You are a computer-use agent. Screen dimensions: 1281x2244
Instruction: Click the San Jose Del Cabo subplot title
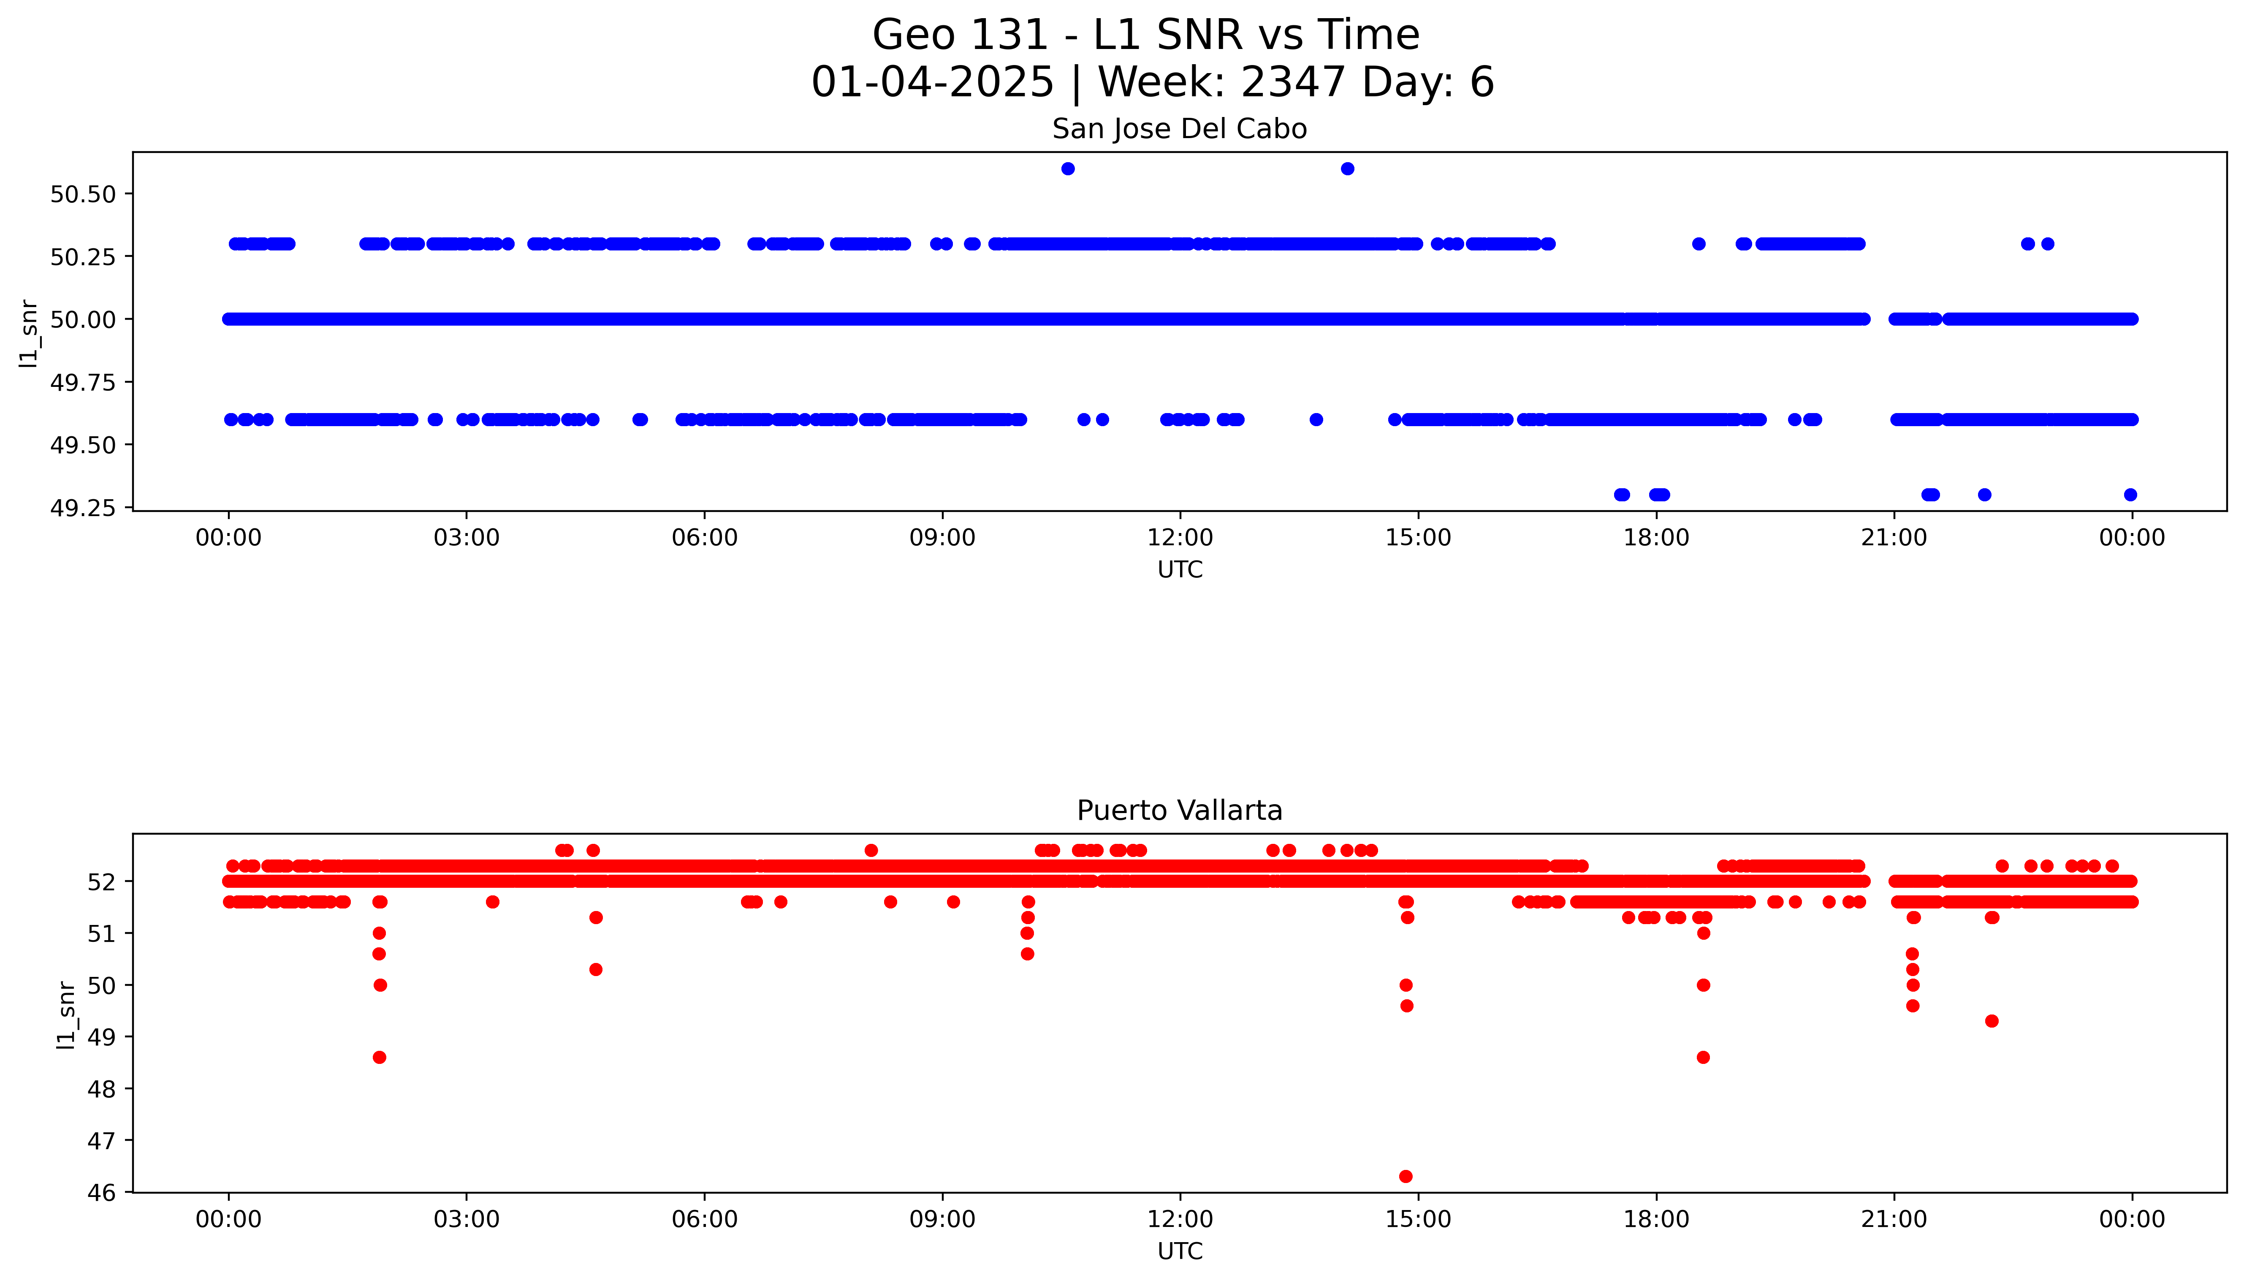pyautogui.click(x=1179, y=129)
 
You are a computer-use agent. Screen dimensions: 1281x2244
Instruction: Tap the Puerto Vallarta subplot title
pyautogui.click(x=1179, y=810)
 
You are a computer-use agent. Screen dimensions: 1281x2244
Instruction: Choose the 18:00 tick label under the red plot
pyautogui.click(x=1656, y=1219)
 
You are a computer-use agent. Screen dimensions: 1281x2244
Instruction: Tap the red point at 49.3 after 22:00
pyautogui.click(x=1992, y=1020)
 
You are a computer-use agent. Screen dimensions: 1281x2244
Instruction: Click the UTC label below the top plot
pyautogui.click(x=1179, y=570)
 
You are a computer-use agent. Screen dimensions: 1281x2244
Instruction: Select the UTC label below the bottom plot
pyautogui.click(x=1179, y=1251)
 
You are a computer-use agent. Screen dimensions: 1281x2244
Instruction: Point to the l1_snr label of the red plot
pyautogui.click(x=66, y=1014)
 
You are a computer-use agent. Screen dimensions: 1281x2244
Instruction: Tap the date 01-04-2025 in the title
pyautogui.click(x=932, y=83)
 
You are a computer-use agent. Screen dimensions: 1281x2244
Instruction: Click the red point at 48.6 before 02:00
pyautogui.click(x=379, y=1057)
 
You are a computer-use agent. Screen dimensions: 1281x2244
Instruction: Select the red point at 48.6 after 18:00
pyautogui.click(x=1703, y=1057)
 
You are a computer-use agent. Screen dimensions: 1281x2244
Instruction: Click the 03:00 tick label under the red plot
pyautogui.click(x=466, y=1219)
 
